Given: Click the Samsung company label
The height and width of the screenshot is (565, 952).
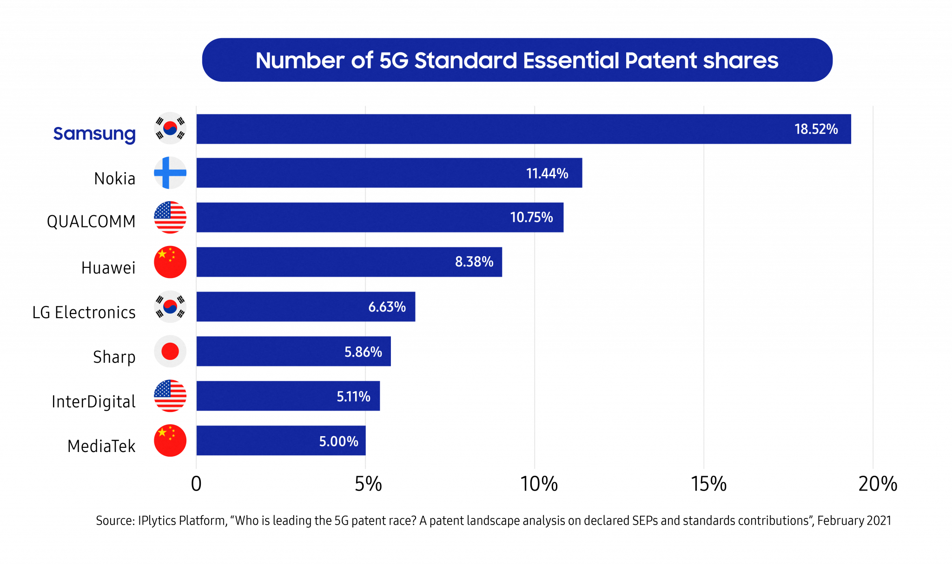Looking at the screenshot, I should point(94,134).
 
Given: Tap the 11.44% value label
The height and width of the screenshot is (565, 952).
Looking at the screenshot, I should point(547,173).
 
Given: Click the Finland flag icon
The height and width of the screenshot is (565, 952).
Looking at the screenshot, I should point(170,173).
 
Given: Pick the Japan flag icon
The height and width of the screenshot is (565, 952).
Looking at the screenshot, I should point(170,352).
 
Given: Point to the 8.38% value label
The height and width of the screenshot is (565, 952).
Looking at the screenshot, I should point(474,262).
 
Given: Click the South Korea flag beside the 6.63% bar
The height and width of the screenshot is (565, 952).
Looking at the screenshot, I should point(170,307).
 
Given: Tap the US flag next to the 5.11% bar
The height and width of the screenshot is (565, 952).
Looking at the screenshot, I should point(170,396).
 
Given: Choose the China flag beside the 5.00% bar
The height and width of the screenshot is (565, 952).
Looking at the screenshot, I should point(170,441).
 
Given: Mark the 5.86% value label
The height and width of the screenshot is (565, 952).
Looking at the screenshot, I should point(363,352).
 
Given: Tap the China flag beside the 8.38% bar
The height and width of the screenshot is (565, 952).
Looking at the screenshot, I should point(170,262).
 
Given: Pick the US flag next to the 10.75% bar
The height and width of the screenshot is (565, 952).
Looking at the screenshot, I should point(170,218).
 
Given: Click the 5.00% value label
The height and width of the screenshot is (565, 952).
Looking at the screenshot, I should point(338,441).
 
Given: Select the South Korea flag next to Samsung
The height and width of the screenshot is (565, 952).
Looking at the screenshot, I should point(170,128).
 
